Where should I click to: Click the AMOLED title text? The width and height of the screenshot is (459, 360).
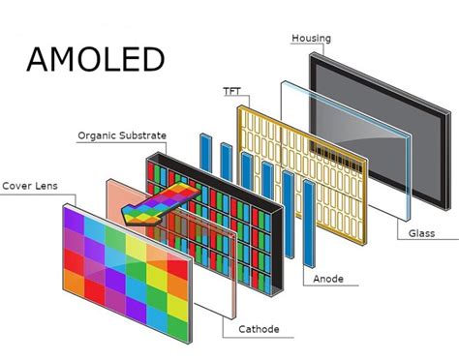(95, 59)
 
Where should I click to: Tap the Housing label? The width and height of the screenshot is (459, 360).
(311, 39)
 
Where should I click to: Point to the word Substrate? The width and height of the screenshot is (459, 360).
(141, 135)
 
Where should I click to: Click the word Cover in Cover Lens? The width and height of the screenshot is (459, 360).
(18, 184)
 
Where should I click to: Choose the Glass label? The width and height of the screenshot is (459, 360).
(420, 232)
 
